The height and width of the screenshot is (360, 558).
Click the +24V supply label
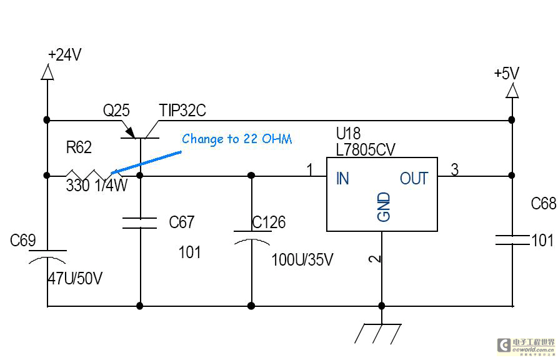coord(65,55)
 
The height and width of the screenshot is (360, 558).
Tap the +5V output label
coord(506,74)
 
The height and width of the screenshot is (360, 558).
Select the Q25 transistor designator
coord(116,111)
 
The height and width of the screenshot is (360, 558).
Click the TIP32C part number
coord(182,111)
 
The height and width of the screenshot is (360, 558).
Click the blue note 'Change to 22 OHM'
coord(237,139)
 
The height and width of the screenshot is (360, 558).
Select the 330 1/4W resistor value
coord(96,186)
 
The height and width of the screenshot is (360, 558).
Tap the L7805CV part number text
coord(366,150)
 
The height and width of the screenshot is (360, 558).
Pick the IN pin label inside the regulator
coord(342,179)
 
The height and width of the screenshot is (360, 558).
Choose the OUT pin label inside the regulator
coord(414,179)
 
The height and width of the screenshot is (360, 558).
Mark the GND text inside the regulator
coord(384,207)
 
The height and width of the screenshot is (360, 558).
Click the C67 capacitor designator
coord(182,222)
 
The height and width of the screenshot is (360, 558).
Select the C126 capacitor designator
coord(269,222)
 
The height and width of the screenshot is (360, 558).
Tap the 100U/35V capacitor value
coord(302,259)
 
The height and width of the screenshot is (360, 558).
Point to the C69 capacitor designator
coord(23,240)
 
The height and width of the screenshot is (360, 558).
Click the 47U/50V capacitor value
coord(74,279)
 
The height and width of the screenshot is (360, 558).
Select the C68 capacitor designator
coord(543,204)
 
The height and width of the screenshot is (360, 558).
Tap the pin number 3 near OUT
coord(454,169)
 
